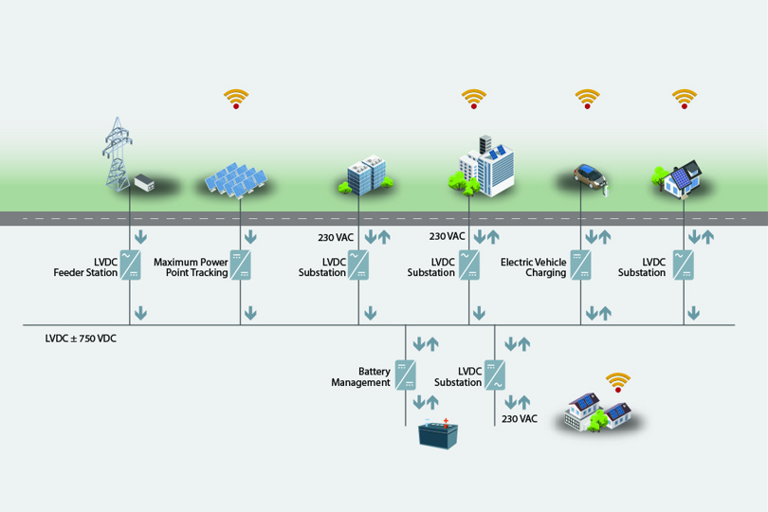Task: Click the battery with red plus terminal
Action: pyautogui.click(x=439, y=434)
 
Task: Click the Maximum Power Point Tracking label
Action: pyautogui.click(x=191, y=266)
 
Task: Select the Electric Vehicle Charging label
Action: pyautogui.click(x=533, y=266)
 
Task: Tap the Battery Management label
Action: pyautogui.click(x=360, y=376)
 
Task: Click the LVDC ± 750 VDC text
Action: pyautogui.click(x=81, y=338)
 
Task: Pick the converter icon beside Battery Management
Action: pyautogui.click(x=406, y=375)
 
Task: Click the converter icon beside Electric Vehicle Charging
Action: pyautogui.click(x=580, y=265)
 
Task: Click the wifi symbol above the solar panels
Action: pyautogui.click(x=236, y=98)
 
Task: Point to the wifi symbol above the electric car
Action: pyautogui.click(x=588, y=98)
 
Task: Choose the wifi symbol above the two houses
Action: pyautogui.click(x=618, y=382)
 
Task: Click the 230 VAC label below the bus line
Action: pyautogui.click(x=520, y=418)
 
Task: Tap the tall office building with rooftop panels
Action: pyautogui.click(x=490, y=165)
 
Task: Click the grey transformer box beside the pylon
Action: pyautogui.click(x=143, y=180)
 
